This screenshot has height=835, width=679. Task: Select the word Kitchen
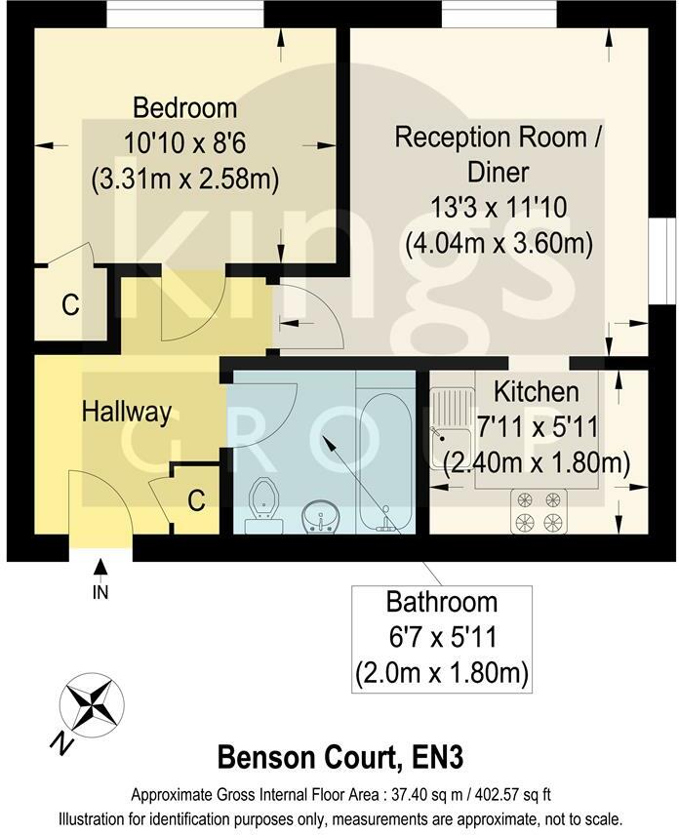[536, 392]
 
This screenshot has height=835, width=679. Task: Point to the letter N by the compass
[60, 743]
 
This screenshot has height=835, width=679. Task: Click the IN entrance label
[100, 591]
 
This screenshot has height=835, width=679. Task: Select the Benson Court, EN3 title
[339, 757]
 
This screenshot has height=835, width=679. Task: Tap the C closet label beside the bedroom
[69, 305]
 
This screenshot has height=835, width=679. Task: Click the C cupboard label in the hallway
[196, 501]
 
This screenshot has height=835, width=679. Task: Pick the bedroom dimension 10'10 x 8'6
[184, 142]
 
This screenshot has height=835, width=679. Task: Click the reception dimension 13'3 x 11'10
[499, 209]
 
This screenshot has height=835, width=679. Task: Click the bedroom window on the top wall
[184, 13]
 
